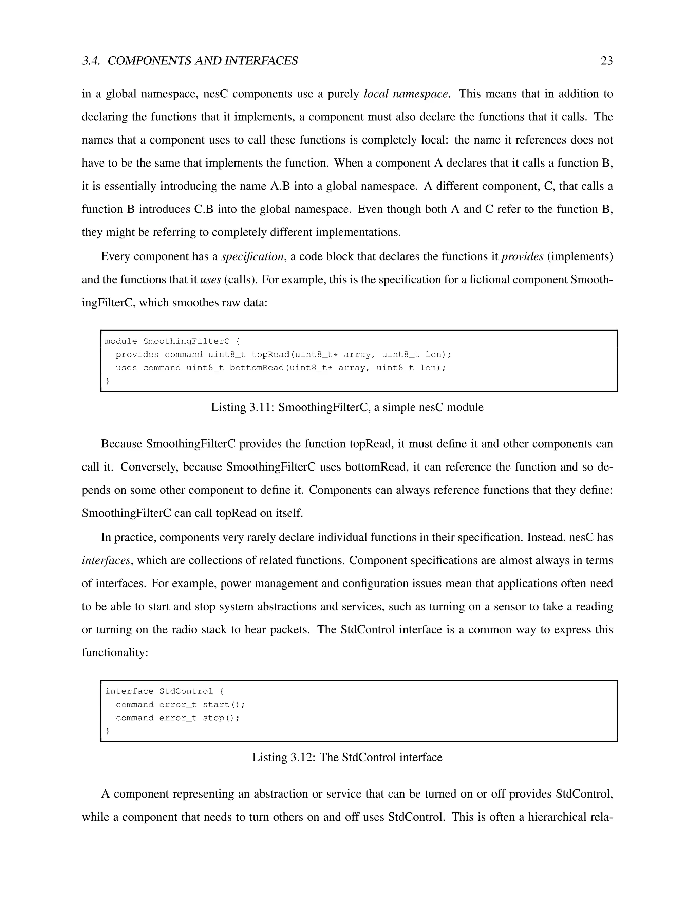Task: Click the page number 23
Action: [x=606, y=61]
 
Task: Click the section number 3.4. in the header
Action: [x=91, y=61]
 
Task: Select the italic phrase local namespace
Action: [x=406, y=94]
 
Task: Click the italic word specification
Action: [x=252, y=256]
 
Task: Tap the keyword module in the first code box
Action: [x=121, y=341]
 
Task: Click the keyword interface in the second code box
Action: [x=129, y=691]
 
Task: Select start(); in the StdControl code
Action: [x=224, y=705]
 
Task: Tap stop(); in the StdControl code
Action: [x=221, y=718]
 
